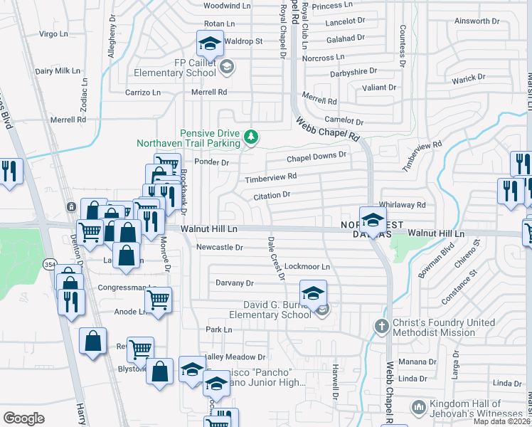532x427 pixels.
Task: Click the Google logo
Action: pyautogui.click(x=23, y=418)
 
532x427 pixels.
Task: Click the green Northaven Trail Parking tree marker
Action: pyautogui.click(x=250, y=136)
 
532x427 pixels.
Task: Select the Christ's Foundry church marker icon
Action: pyautogui.click(x=382, y=327)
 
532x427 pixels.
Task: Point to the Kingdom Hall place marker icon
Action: pyautogui.click(x=418, y=407)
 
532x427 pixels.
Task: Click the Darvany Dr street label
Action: pyautogui.click(x=235, y=283)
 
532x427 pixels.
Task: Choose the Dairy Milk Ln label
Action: pyautogui.click(x=58, y=71)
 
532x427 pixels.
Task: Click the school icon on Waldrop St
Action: pyautogui.click(x=210, y=44)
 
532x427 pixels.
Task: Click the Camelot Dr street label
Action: pyautogui.click(x=344, y=122)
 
